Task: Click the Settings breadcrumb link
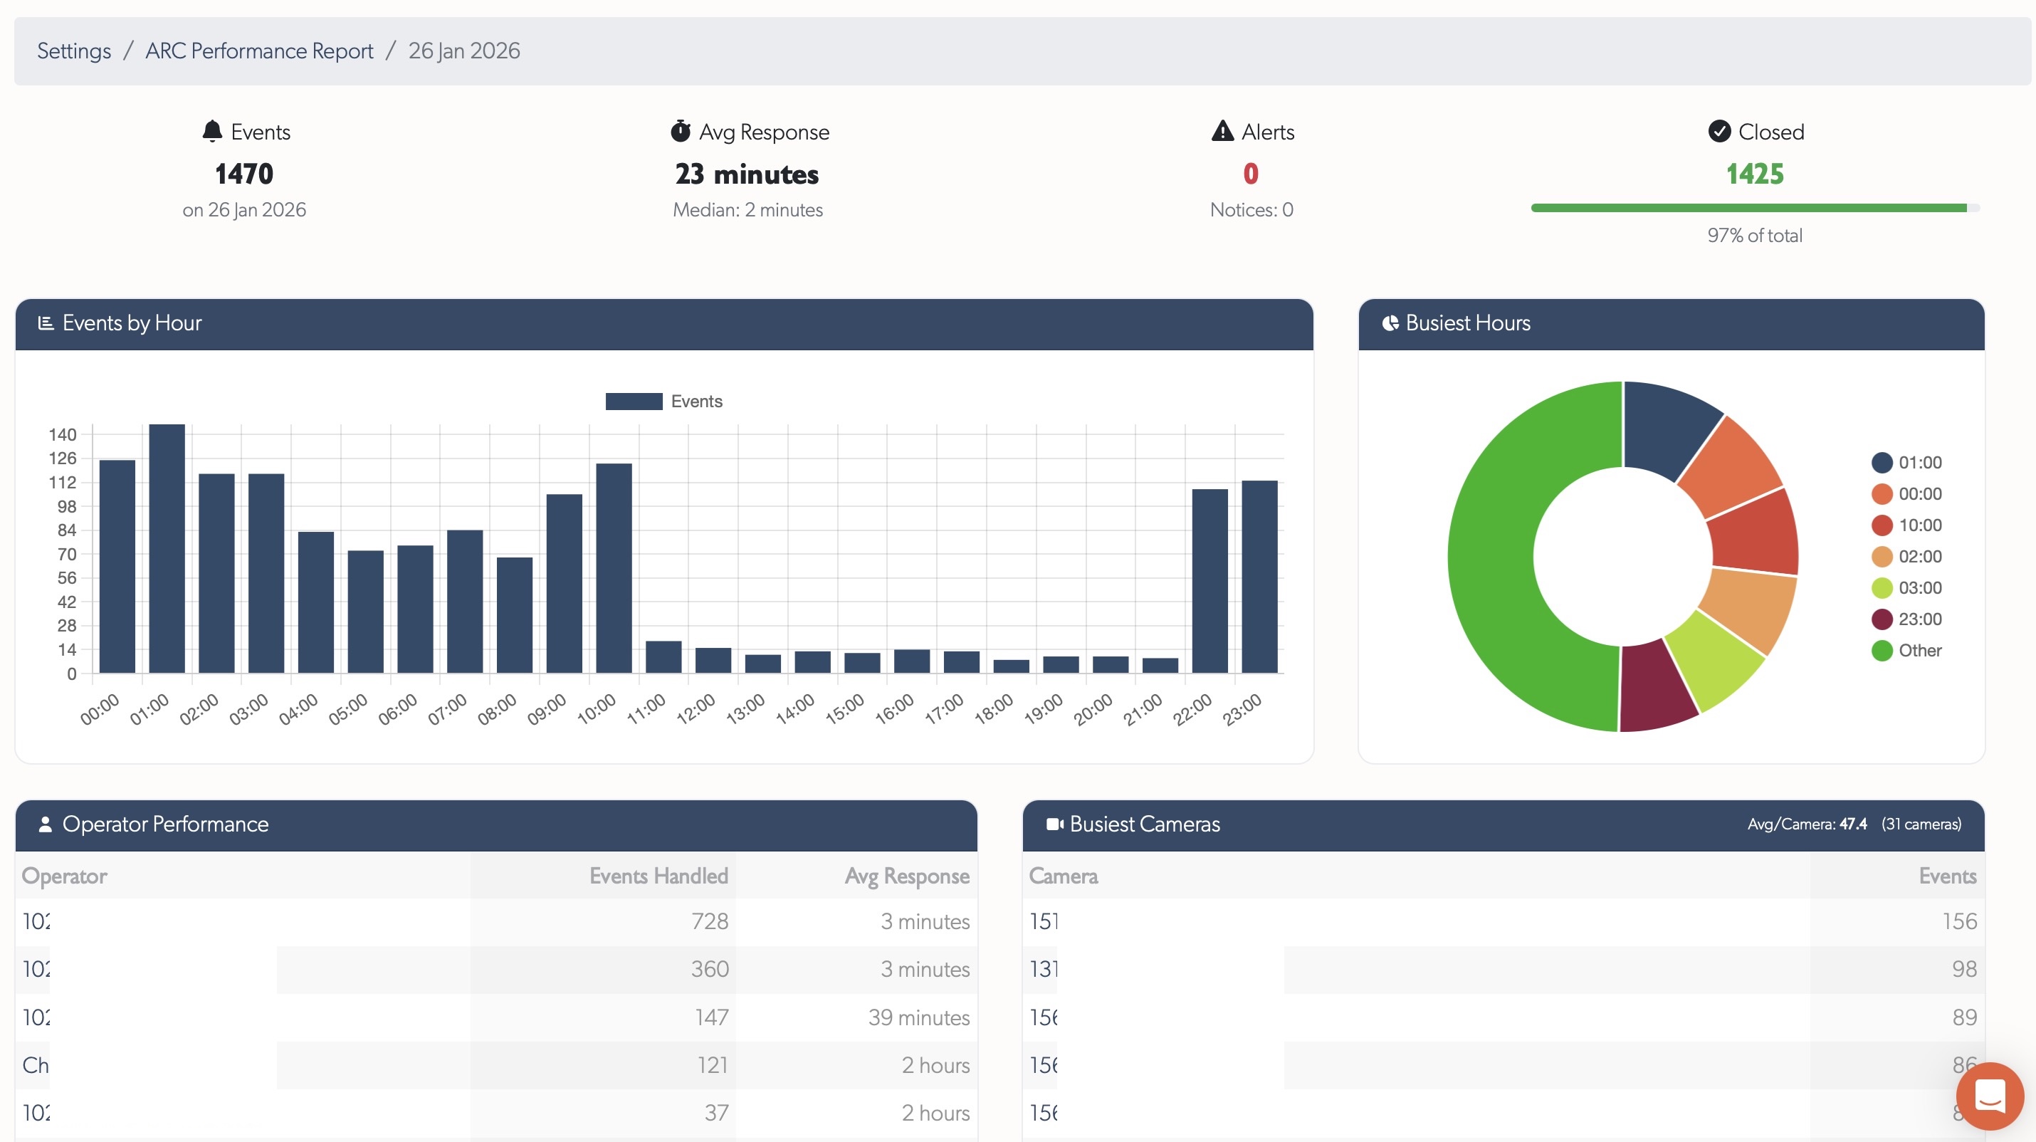point(73,51)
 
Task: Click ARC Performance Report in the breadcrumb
point(258,51)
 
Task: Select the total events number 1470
point(243,174)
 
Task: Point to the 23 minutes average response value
point(746,174)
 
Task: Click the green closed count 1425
point(1754,174)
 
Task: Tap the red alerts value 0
point(1250,174)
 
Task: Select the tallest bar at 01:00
point(167,548)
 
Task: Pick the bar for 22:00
point(1209,581)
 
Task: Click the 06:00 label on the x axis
point(397,709)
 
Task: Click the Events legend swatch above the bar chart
point(633,402)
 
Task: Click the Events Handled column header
point(658,876)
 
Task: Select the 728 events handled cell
point(709,921)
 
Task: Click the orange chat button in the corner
point(1988,1096)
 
